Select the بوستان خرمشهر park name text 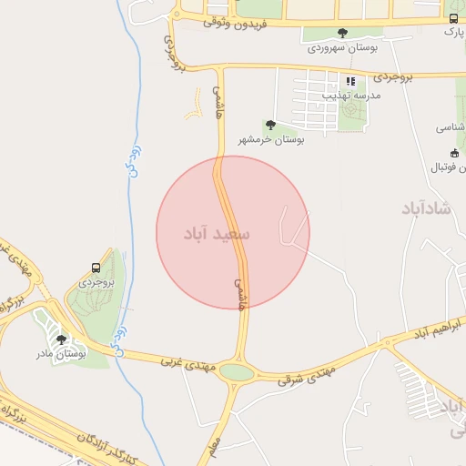click(x=271, y=139)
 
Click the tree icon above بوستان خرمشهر click(x=269, y=125)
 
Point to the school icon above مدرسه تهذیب click(x=350, y=81)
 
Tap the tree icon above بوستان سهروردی click(x=342, y=33)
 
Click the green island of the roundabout click(x=238, y=371)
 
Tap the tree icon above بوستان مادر click(x=61, y=339)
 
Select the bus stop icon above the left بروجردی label click(x=96, y=268)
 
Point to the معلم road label click(x=213, y=446)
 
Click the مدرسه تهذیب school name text click(x=375, y=94)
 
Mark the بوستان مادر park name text click(x=61, y=352)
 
